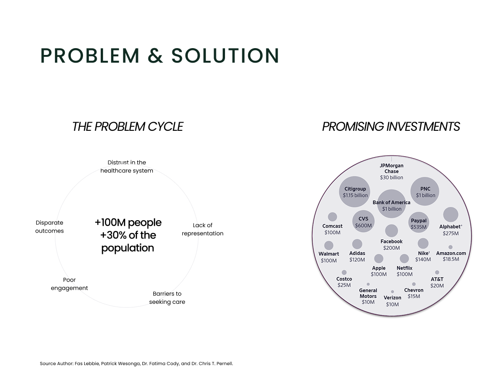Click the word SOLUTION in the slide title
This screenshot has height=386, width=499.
(225, 56)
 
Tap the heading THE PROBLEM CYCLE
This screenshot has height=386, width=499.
(127, 127)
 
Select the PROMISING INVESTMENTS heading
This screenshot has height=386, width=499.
(391, 127)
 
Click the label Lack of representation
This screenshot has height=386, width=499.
(202, 229)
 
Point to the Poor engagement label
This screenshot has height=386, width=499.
(69, 284)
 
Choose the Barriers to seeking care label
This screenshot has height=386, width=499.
(167, 298)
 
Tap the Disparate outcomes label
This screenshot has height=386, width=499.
(49, 227)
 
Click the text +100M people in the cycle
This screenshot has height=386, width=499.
(128, 223)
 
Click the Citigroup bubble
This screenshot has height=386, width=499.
(355, 192)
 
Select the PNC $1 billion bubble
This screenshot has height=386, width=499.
(425, 191)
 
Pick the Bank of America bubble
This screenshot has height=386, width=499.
(391, 204)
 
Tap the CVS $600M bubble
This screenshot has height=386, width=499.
(363, 221)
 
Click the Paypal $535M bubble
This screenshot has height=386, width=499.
(419, 223)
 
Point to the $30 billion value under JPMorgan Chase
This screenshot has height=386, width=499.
(391, 178)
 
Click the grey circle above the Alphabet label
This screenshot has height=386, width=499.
(450, 215)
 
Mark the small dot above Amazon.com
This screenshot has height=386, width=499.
(450, 247)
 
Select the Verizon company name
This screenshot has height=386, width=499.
(392, 298)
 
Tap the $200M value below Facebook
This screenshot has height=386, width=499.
(391, 248)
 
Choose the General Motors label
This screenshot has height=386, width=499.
(368, 293)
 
